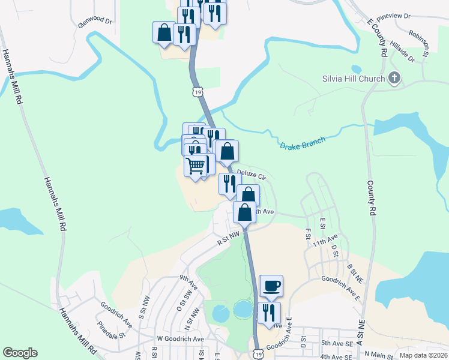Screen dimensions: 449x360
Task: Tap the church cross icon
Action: click(394, 78)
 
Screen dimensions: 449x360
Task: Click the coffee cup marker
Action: click(271, 286)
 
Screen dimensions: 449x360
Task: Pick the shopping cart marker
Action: click(196, 165)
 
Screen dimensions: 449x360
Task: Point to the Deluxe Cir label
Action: click(252, 175)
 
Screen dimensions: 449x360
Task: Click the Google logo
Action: click(20, 353)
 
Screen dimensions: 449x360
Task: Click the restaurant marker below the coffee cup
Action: click(269, 313)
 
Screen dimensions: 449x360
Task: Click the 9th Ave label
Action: click(188, 279)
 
